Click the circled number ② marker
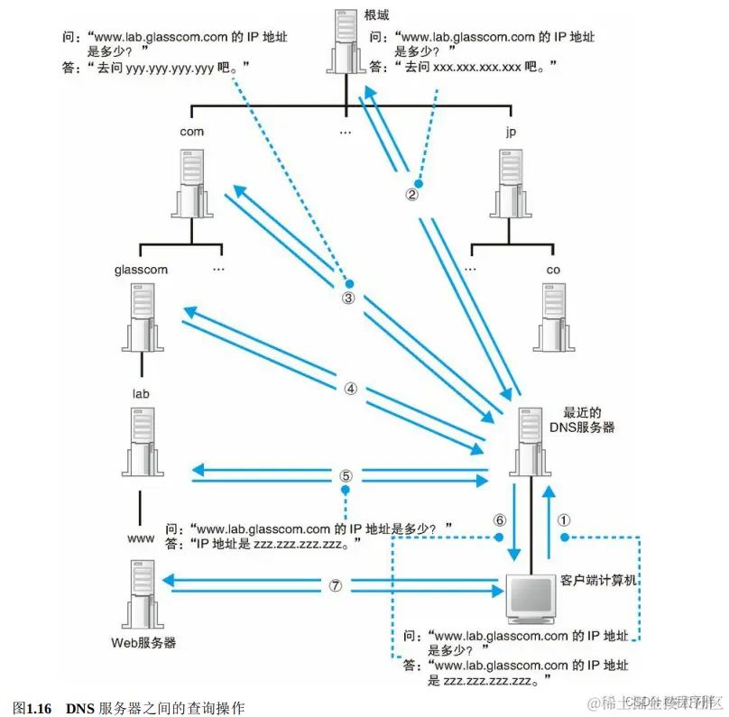(x=411, y=194)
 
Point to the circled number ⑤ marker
(x=346, y=474)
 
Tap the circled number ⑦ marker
(x=336, y=584)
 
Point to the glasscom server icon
(x=141, y=315)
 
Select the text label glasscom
(x=141, y=269)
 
